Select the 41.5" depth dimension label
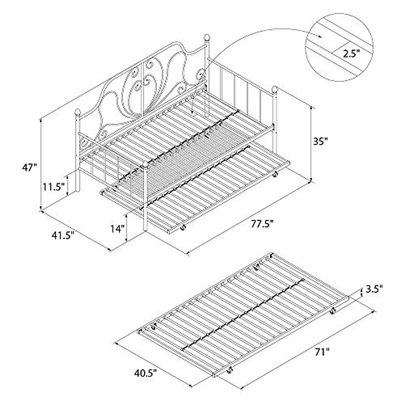click(x=61, y=235)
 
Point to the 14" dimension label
click(x=117, y=229)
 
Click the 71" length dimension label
click(x=322, y=352)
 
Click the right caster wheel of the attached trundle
click(x=275, y=175)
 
